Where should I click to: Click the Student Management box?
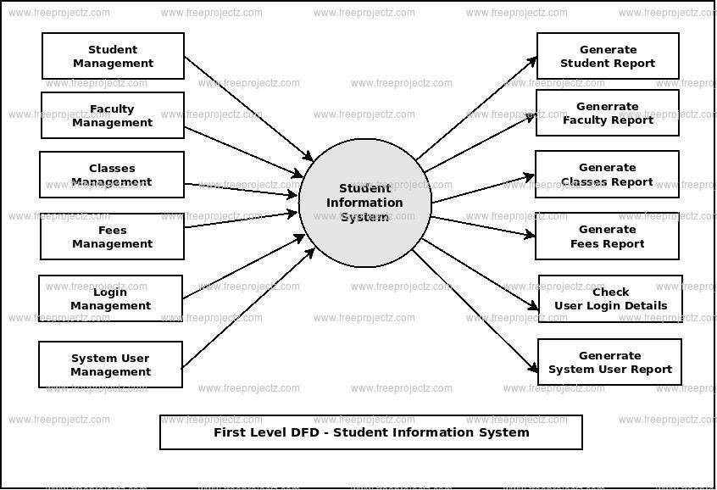113,56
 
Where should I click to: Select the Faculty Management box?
112,115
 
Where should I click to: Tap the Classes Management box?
112,175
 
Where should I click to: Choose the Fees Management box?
112,237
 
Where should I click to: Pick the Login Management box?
110,298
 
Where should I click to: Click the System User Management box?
110,365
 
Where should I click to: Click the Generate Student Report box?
608,56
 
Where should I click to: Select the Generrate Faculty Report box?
608,113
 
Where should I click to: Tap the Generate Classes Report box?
607,174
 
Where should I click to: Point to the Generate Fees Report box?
607,236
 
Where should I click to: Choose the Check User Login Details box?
610,298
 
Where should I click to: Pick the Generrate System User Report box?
609,362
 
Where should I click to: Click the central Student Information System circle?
365,203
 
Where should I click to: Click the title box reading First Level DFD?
371,432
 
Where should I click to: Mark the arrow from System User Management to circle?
247,309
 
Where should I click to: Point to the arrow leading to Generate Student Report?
477,108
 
